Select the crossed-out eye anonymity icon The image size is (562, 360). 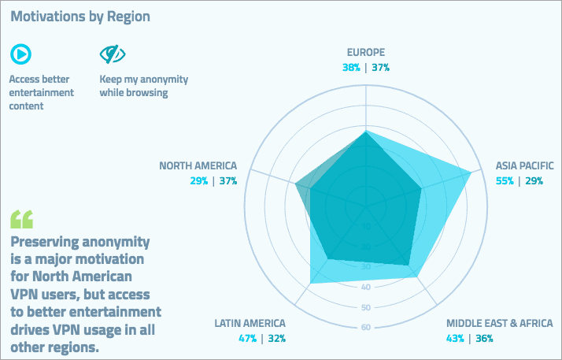click(x=113, y=54)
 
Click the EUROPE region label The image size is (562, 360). click(x=366, y=53)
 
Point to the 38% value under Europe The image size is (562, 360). click(x=351, y=68)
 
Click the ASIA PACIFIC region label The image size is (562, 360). click(x=524, y=165)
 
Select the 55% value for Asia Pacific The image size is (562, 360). click(x=505, y=181)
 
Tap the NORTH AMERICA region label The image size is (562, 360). click(x=198, y=165)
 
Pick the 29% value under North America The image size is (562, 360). click(x=198, y=181)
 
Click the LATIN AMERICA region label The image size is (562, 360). click(x=250, y=323)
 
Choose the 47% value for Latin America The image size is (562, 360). click(x=248, y=339)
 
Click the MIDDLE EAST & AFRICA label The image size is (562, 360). click(x=499, y=323)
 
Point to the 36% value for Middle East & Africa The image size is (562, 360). click(x=484, y=339)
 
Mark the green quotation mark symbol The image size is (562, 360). click(x=22, y=218)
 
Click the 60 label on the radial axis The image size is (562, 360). click(x=366, y=328)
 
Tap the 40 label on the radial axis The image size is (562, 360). click(x=366, y=287)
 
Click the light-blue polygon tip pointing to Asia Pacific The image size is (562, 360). click(x=470, y=173)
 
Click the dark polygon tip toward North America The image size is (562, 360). click(x=296, y=186)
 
